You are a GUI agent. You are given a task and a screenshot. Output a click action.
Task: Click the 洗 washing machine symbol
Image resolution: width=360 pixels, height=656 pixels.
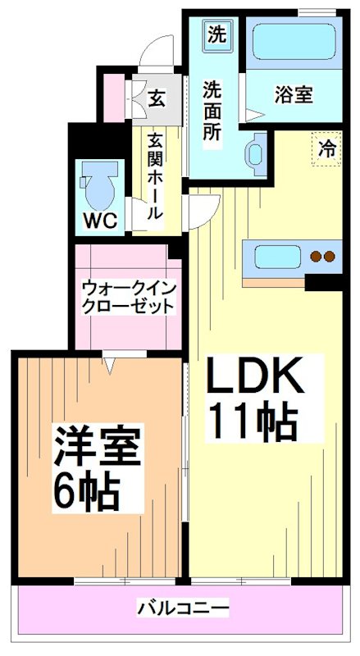(216, 34)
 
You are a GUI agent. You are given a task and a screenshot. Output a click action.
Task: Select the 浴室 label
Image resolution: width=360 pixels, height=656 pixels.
(293, 94)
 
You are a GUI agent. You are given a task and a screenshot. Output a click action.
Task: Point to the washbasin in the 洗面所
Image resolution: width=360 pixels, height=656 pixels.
(255, 151)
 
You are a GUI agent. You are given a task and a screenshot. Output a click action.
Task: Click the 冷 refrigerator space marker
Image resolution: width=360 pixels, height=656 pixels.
(327, 149)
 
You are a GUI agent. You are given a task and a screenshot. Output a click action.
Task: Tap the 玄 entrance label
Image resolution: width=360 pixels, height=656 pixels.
(157, 97)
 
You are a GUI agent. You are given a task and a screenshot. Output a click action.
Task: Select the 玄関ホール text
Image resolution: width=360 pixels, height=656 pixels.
(154, 176)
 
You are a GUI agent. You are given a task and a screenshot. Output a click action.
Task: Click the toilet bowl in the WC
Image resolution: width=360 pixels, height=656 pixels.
(98, 187)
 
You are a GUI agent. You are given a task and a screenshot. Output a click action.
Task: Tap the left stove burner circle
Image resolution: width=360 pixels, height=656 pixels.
(317, 257)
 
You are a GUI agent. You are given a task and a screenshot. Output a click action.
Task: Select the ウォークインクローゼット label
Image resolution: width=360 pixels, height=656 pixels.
(128, 297)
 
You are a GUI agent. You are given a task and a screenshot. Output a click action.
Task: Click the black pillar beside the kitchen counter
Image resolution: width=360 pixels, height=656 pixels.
(324, 283)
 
